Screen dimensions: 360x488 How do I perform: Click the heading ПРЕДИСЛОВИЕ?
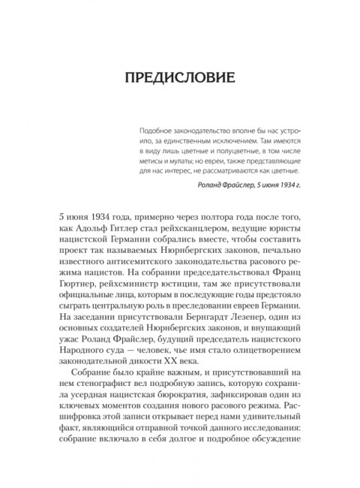tap(179, 78)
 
